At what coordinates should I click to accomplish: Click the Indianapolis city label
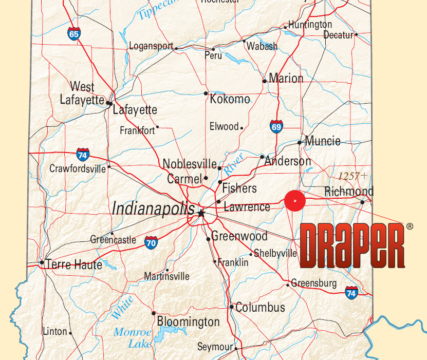[153, 208]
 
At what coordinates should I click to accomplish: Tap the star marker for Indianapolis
[201, 213]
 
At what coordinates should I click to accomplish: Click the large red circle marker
[295, 201]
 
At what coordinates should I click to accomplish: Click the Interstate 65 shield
[74, 34]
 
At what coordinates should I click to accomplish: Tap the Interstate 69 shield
[276, 126]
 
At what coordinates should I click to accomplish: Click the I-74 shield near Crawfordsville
[82, 154]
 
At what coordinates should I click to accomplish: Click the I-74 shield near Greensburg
[351, 293]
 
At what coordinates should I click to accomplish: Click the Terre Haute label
[74, 264]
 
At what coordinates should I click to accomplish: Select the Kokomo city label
[230, 99]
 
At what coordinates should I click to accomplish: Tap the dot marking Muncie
[300, 142]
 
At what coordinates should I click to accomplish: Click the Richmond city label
[349, 192]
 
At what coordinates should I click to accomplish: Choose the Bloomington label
[188, 322]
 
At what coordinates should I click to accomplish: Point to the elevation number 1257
[349, 176]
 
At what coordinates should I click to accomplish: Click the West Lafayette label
[82, 93]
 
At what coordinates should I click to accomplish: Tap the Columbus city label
[260, 308]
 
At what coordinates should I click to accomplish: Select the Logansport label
[151, 46]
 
